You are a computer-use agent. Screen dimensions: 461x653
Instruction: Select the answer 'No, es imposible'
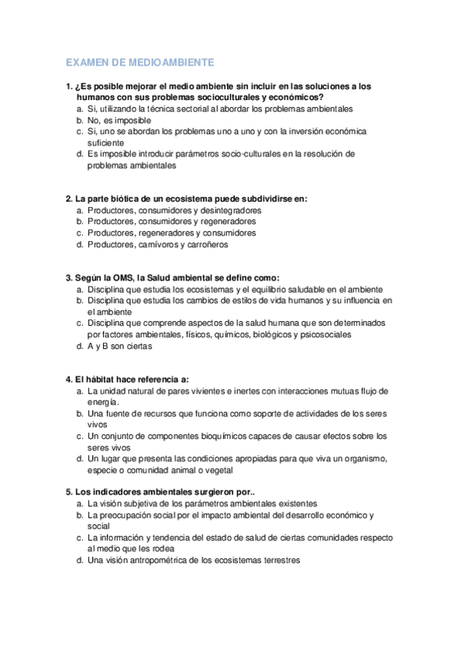119,120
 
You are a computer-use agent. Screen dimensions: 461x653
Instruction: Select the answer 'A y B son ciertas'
120,346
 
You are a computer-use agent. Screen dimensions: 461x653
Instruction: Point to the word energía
103,402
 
